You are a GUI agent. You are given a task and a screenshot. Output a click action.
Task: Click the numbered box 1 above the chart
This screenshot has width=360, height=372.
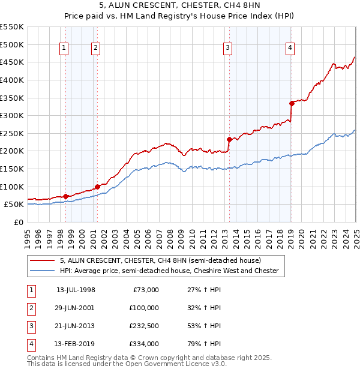coord(64,49)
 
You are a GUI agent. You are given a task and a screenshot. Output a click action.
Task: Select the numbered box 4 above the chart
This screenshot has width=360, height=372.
coord(290,49)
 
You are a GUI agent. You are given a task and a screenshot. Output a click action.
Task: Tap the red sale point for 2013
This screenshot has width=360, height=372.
coord(229,139)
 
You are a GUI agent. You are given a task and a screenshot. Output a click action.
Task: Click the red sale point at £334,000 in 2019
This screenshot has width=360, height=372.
coord(292,103)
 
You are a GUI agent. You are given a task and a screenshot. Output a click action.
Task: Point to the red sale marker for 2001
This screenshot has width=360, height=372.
coord(97,187)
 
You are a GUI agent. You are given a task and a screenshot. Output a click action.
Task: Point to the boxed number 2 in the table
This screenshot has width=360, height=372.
coord(31,308)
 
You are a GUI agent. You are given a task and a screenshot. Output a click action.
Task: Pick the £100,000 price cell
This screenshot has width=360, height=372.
coord(144,308)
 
